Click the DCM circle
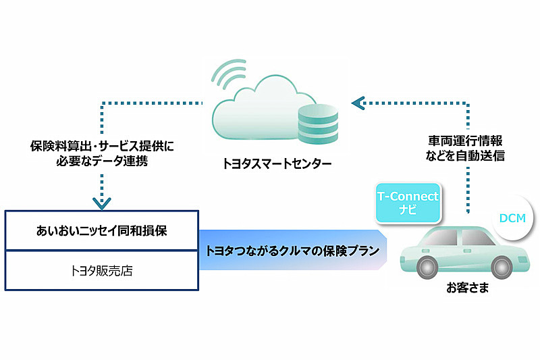pos(514,218)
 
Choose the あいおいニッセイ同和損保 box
pos(101,230)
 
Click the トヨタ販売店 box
pos(101,269)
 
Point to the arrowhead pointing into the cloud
pos(357,103)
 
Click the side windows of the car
pos(459,237)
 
